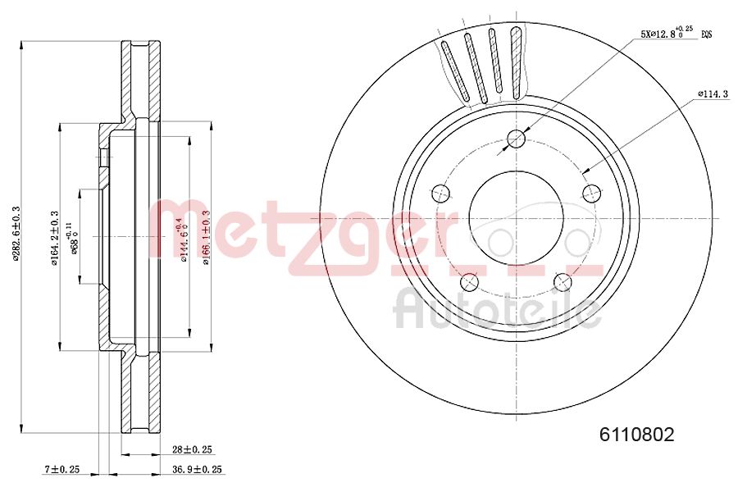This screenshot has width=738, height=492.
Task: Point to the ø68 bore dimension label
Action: click(x=73, y=238)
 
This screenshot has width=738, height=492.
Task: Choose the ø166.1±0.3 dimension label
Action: click(x=206, y=237)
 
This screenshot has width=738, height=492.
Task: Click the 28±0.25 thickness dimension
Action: click(x=192, y=449)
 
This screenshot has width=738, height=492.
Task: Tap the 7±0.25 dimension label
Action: click(x=61, y=470)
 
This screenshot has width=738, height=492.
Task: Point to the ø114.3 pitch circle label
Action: click(x=713, y=94)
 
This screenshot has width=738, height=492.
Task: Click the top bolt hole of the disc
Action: click(x=516, y=139)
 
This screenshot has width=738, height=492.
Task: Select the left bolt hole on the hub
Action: click(x=441, y=194)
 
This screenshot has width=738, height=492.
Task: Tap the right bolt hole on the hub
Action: click(x=590, y=193)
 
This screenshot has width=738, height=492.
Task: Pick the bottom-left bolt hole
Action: click(x=470, y=281)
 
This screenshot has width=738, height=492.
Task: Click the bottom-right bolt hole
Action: click(x=563, y=281)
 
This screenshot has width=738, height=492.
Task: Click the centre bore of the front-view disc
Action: click(x=516, y=218)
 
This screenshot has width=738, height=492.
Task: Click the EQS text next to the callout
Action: click(x=705, y=34)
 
